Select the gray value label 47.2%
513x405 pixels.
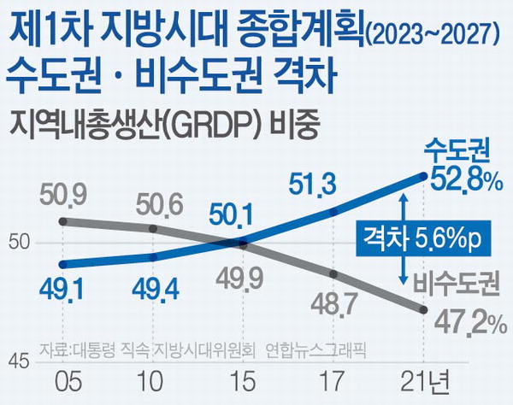coord(463,322)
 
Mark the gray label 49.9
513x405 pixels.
coord(245,279)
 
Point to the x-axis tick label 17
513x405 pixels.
coord(333,378)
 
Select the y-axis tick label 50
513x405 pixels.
coord(18,244)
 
